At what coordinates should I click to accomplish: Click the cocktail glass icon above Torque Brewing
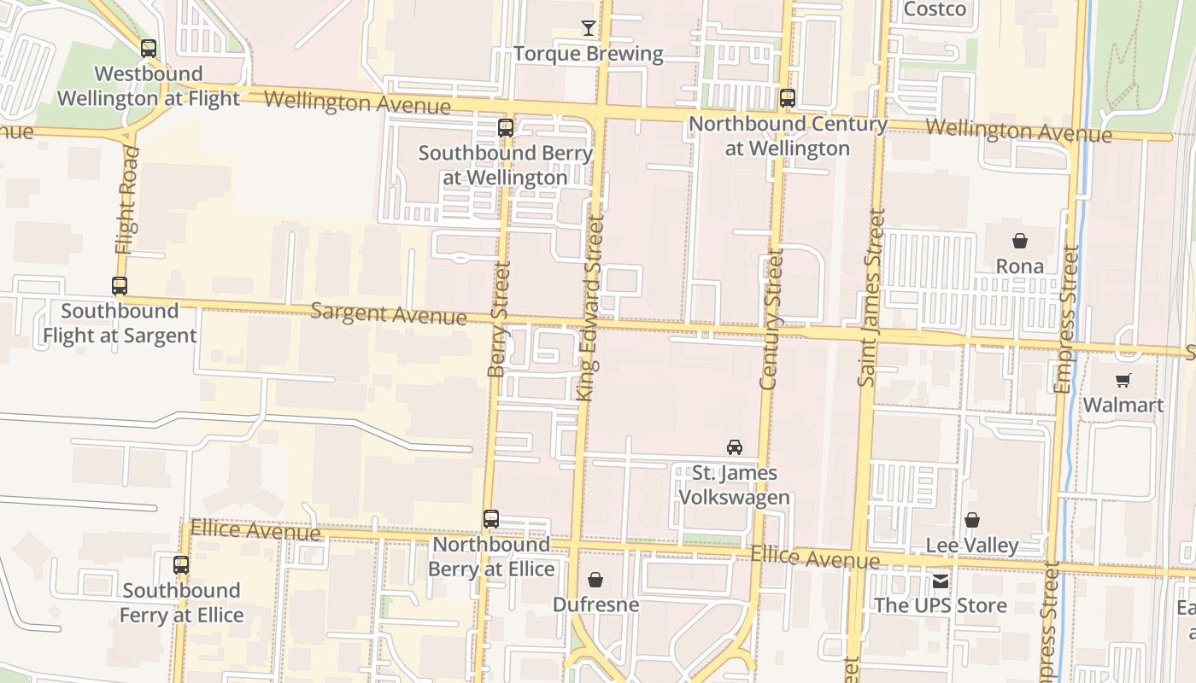(588, 28)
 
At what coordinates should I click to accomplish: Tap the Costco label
(935, 9)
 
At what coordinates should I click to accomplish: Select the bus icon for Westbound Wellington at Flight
(149, 49)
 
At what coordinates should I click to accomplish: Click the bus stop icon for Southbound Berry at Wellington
(506, 128)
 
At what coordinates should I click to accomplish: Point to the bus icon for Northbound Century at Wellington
(788, 98)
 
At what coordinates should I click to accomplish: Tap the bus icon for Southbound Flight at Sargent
(120, 286)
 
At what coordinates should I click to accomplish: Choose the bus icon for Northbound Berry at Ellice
(491, 519)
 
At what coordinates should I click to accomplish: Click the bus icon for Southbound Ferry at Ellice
(181, 565)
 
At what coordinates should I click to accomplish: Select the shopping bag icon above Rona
(1019, 241)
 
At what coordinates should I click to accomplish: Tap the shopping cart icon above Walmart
(1123, 380)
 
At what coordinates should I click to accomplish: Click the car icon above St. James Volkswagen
(734, 447)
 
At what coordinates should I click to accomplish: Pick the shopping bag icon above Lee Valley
(972, 520)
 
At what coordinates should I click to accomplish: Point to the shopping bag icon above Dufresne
(595, 581)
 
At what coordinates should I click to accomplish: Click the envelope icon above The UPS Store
(941, 581)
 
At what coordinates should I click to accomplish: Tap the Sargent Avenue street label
(388, 313)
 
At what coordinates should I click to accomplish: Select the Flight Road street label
(126, 200)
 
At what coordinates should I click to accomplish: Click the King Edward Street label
(589, 307)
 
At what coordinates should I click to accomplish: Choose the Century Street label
(771, 319)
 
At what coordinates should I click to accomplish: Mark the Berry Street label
(499, 319)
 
